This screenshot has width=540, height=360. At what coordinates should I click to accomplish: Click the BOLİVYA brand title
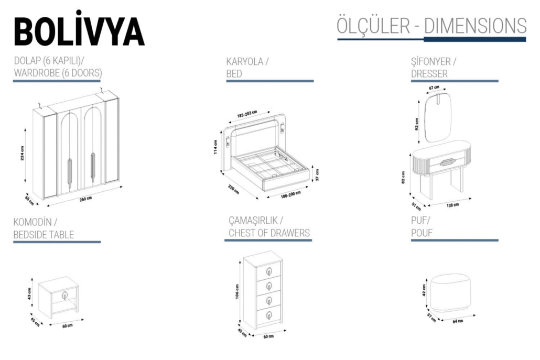tap(79, 30)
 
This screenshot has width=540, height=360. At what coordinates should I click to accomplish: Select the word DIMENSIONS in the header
tap(474, 26)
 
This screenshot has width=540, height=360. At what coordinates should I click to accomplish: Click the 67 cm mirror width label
tap(434, 87)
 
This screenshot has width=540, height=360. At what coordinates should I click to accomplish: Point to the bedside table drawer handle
tap(64, 296)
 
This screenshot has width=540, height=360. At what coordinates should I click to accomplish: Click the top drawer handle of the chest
tap(268, 271)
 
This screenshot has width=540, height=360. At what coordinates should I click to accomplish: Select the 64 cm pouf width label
tap(457, 321)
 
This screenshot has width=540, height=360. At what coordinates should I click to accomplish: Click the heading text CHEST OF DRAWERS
tap(269, 233)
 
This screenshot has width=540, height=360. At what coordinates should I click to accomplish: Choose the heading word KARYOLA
tap(245, 61)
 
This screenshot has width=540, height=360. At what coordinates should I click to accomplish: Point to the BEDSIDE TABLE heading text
tap(44, 234)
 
